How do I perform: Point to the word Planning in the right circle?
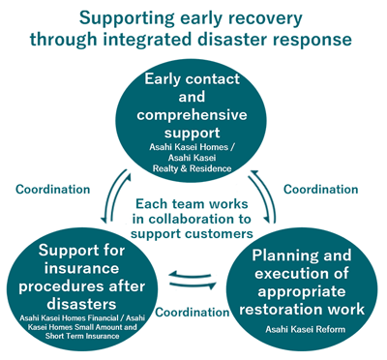point(273,255)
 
